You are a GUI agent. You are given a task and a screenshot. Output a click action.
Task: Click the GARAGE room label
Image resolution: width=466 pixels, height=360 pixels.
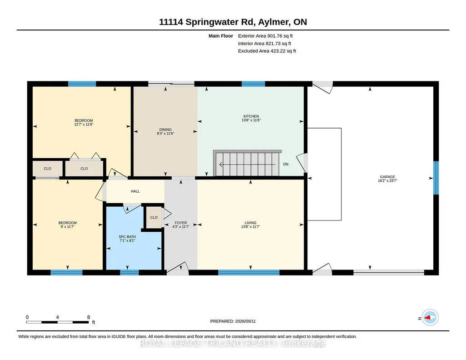[x=387, y=176]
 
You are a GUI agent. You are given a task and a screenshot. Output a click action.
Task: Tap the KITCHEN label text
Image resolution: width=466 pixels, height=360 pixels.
[x=251, y=116]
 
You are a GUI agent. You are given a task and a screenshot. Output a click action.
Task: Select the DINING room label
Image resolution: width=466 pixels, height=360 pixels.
[x=165, y=130]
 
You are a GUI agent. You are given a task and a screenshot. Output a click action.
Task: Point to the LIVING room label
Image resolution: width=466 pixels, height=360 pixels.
[x=251, y=223]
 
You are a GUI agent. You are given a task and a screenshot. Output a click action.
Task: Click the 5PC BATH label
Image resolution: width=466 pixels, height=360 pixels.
[x=127, y=237]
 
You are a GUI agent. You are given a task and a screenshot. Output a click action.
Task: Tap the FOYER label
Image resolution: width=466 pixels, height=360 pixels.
[x=180, y=223]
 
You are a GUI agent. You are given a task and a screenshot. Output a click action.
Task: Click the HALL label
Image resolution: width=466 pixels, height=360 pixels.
[x=135, y=191]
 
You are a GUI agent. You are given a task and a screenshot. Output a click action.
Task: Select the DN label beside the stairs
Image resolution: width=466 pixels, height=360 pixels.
[x=286, y=164]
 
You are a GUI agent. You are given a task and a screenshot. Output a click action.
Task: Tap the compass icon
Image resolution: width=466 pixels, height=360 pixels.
[x=430, y=318]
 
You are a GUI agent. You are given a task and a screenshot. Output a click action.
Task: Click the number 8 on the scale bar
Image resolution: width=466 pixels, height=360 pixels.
[x=88, y=317]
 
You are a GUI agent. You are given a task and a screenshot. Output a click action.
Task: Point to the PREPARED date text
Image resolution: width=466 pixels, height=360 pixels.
[x=233, y=321]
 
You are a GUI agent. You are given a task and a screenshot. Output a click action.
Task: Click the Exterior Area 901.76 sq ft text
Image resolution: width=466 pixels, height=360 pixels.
[x=266, y=36]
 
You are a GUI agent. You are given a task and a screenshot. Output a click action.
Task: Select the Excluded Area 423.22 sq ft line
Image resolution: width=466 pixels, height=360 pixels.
[x=267, y=51]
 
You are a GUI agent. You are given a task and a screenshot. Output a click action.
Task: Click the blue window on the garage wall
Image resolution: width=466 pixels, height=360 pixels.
[x=436, y=178]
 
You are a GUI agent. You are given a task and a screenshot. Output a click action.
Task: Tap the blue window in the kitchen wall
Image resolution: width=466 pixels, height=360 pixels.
[x=253, y=84]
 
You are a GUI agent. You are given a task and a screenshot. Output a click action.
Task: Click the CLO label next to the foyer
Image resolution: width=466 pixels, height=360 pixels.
[x=154, y=217]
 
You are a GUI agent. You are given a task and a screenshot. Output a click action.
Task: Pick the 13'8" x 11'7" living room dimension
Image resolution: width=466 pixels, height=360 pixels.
[x=251, y=227]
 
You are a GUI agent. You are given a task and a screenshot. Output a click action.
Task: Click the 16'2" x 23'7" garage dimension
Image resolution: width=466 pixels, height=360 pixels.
[x=387, y=180]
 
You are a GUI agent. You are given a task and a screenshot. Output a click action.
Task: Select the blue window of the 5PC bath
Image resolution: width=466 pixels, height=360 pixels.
[x=130, y=272]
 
